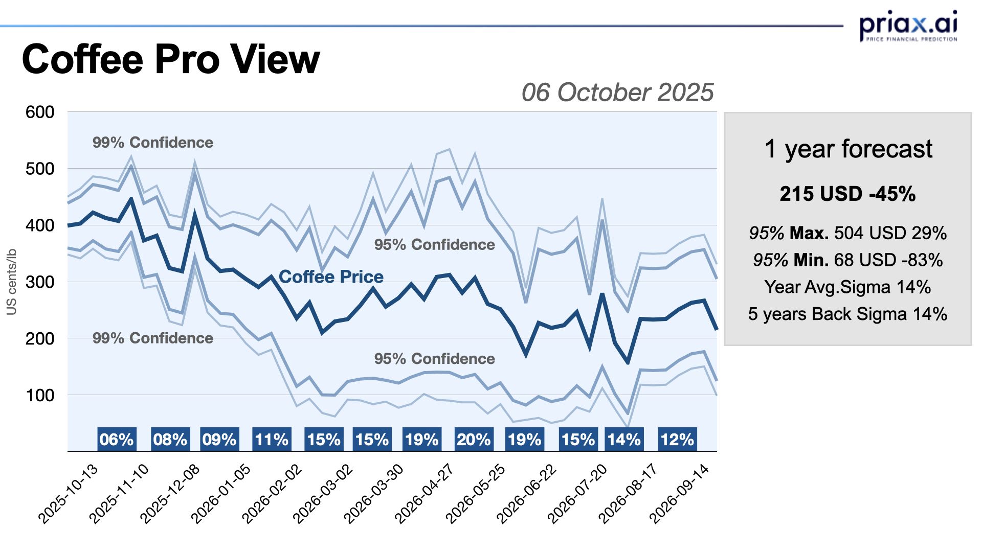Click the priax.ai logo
coord(908,26)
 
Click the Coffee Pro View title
coord(171,59)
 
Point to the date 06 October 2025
coord(617,93)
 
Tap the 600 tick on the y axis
coord(40,112)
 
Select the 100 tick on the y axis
coord(40,395)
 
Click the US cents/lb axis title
coord(11,282)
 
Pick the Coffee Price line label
coord(331,277)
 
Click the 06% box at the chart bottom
coord(117,440)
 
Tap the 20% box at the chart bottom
coord(474,440)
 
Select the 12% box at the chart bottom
coord(677,440)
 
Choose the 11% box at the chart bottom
coord(272,440)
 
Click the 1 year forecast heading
coord(848,149)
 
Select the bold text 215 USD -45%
coord(847,194)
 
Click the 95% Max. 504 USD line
coord(847,233)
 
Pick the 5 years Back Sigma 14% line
coord(847,314)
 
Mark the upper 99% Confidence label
coord(153,143)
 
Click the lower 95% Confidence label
coord(434,359)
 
